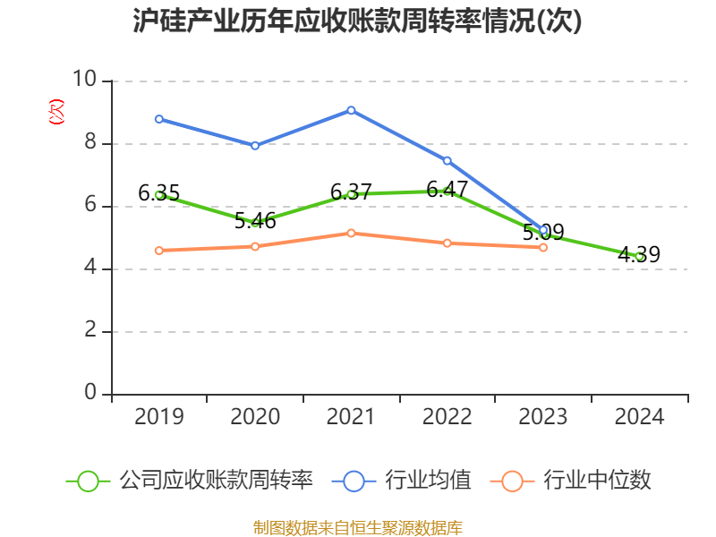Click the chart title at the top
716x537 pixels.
(x=357, y=21)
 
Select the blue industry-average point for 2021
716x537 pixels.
(x=351, y=110)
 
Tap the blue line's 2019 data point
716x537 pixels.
(x=158, y=119)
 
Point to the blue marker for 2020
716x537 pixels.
(x=255, y=145)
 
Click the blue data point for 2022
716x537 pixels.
(x=447, y=160)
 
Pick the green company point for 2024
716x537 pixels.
(x=639, y=256)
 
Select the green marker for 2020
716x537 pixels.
(x=255, y=222)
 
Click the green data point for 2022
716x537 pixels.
(x=447, y=191)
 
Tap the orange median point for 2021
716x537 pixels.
(x=351, y=233)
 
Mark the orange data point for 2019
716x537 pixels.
(x=158, y=251)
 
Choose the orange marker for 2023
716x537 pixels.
(x=543, y=247)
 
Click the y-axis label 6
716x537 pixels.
(x=90, y=205)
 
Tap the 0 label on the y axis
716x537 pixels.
(x=90, y=393)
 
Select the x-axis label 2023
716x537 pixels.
(x=543, y=417)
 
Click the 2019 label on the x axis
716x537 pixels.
(x=158, y=417)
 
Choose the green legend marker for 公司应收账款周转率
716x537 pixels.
(x=88, y=481)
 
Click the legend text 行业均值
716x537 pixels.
(x=428, y=481)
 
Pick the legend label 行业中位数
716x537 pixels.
(x=598, y=481)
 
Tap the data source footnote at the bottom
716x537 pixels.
(x=357, y=527)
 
